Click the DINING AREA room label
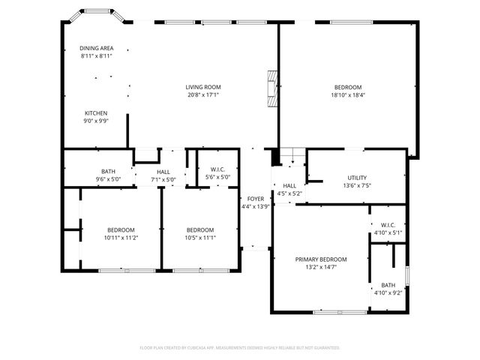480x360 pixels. tap(96, 48)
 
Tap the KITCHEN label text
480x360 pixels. tap(96, 113)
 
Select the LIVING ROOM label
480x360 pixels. tap(203, 87)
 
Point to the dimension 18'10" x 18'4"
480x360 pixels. tap(347, 95)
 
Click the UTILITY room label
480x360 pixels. tap(356, 178)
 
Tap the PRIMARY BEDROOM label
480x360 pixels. tap(320, 259)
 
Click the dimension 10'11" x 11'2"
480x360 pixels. tap(120, 238)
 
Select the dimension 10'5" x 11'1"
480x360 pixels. tap(200, 238)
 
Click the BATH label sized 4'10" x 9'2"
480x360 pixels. tap(388, 285)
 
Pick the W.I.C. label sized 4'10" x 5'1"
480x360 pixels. tap(388, 225)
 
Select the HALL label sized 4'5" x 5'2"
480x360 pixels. tap(289, 185)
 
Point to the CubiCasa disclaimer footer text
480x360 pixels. tap(240, 348)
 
